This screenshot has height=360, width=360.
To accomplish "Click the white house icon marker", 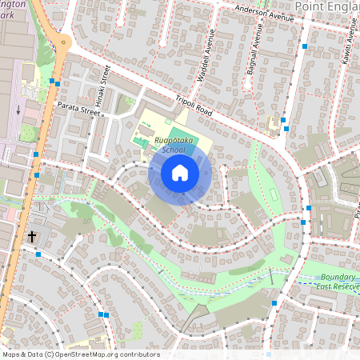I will click(x=180, y=173).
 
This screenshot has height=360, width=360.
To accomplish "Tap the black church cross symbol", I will click(x=32, y=237).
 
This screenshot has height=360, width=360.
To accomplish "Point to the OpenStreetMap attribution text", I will click(x=80, y=354).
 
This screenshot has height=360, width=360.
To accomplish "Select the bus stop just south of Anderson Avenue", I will click(x=305, y=47).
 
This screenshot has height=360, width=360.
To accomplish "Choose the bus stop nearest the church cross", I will click(x=38, y=254).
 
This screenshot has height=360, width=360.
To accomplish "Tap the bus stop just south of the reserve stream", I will click(x=274, y=303).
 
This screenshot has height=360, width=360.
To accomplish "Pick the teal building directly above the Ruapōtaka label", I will click(x=176, y=131).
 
